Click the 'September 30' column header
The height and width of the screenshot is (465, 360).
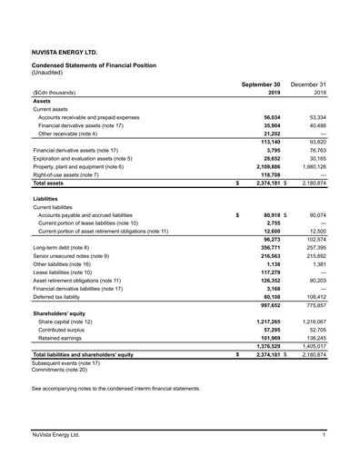click(261, 84)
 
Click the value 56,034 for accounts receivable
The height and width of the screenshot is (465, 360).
click(271, 117)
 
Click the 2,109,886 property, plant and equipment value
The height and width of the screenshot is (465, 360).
click(266, 167)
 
